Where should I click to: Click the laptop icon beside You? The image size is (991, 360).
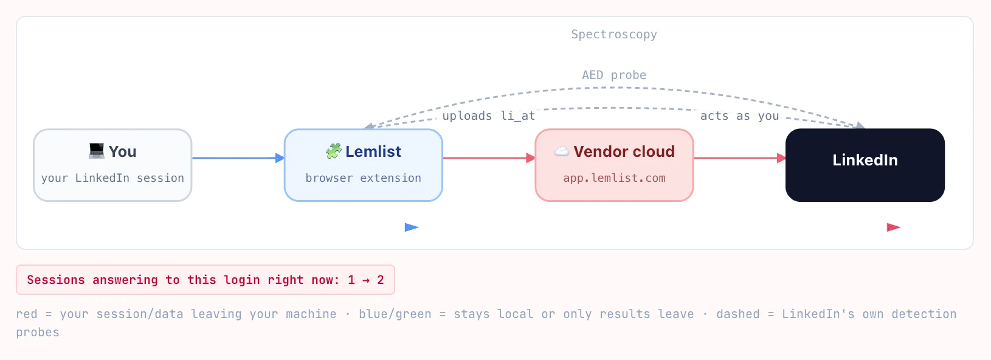[x=97, y=151]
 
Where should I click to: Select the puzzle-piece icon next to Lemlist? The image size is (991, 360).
[x=334, y=151]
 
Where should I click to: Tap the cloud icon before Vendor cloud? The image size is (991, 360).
[x=562, y=151]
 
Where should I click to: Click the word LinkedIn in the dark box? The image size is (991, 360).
[x=865, y=160]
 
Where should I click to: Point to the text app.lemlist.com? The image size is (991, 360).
[x=614, y=178]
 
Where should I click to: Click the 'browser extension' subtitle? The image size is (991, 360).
[x=363, y=178]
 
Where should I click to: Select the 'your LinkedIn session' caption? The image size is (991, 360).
[x=112, y=178]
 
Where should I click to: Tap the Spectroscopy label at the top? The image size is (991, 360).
[x=614, y=35]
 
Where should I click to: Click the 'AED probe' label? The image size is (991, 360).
[x=614, y=75]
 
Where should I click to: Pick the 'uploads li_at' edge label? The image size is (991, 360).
[x=488, y=116]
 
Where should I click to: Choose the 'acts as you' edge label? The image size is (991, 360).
[x=739, y=116]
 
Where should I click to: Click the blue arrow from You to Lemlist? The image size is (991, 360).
[x=238, y=158]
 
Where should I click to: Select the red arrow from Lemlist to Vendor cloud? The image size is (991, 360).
[x=489, y=158]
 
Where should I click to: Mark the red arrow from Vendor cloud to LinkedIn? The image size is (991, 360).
[x=740, y=158]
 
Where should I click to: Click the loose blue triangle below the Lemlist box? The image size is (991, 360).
[x=412, y=227]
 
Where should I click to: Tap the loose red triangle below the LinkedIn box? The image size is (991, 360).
[x=894, y=227]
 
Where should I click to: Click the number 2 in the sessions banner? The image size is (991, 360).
[x=381, y=280]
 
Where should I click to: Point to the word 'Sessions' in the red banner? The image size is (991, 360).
[x=56, y=280]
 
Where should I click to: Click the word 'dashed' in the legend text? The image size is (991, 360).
[x=738, y=314]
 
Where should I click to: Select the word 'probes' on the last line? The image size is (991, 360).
[x=38, y=333]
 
